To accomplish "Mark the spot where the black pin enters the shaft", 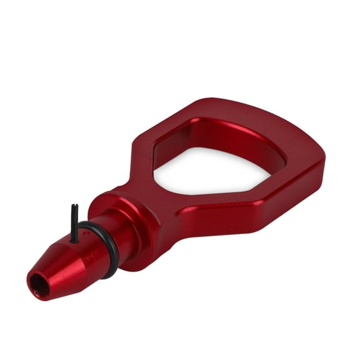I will [x=75, y=240].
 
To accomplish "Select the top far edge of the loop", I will [x=250, y=116].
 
